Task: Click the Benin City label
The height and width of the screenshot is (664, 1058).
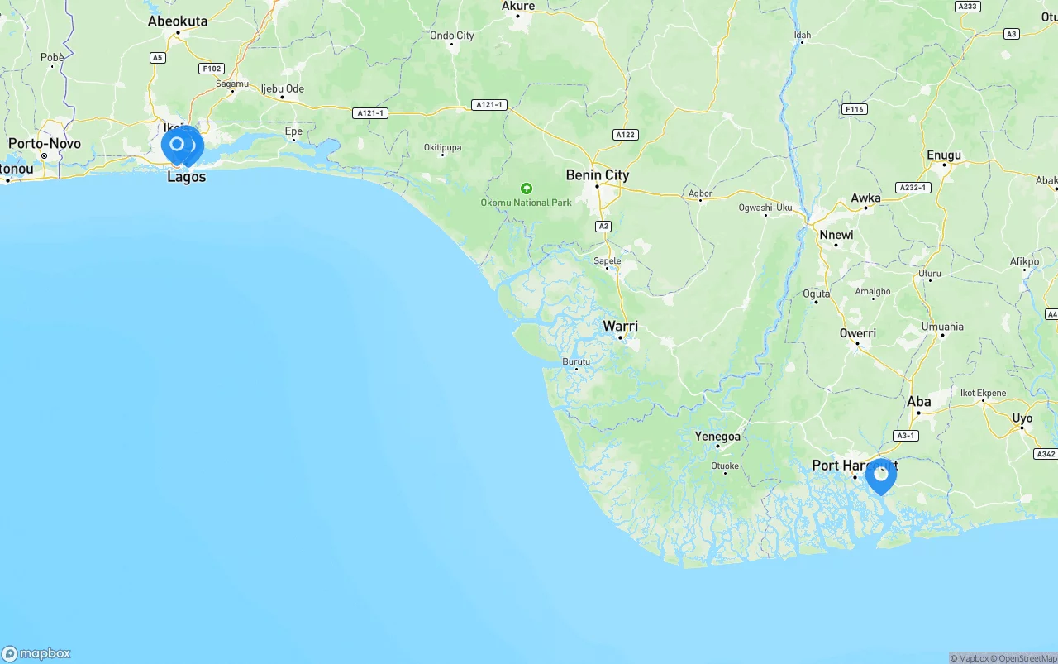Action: pos(597,175)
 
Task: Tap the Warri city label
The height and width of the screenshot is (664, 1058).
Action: pos(620,326)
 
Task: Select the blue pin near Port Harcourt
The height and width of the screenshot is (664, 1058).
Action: pos(881,475)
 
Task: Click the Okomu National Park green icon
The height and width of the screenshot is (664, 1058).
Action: pos(527,189)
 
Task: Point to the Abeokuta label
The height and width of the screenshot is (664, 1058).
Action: pos(178,21)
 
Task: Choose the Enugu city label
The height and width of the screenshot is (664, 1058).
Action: pos(944,155)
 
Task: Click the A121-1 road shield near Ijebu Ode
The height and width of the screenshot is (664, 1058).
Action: pos(369,112)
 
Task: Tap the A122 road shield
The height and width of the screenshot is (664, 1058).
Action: pos(625,135)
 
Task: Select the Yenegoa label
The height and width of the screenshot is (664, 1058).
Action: pos(717,437)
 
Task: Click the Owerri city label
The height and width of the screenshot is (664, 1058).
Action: pos(857,333)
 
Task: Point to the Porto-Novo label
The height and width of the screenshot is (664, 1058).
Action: pos(45,144)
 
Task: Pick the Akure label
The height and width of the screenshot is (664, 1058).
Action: pos(518,7)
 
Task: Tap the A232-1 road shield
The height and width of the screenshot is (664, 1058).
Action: pos(913,188)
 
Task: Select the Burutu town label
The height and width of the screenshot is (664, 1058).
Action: pos(576,361)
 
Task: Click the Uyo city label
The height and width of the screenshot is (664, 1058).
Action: pos(1022,418)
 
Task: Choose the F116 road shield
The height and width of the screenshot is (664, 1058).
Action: pos(854,109)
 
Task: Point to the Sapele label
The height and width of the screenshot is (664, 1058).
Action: pos(607,261)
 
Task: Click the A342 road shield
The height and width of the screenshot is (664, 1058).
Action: pos(1045,454)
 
